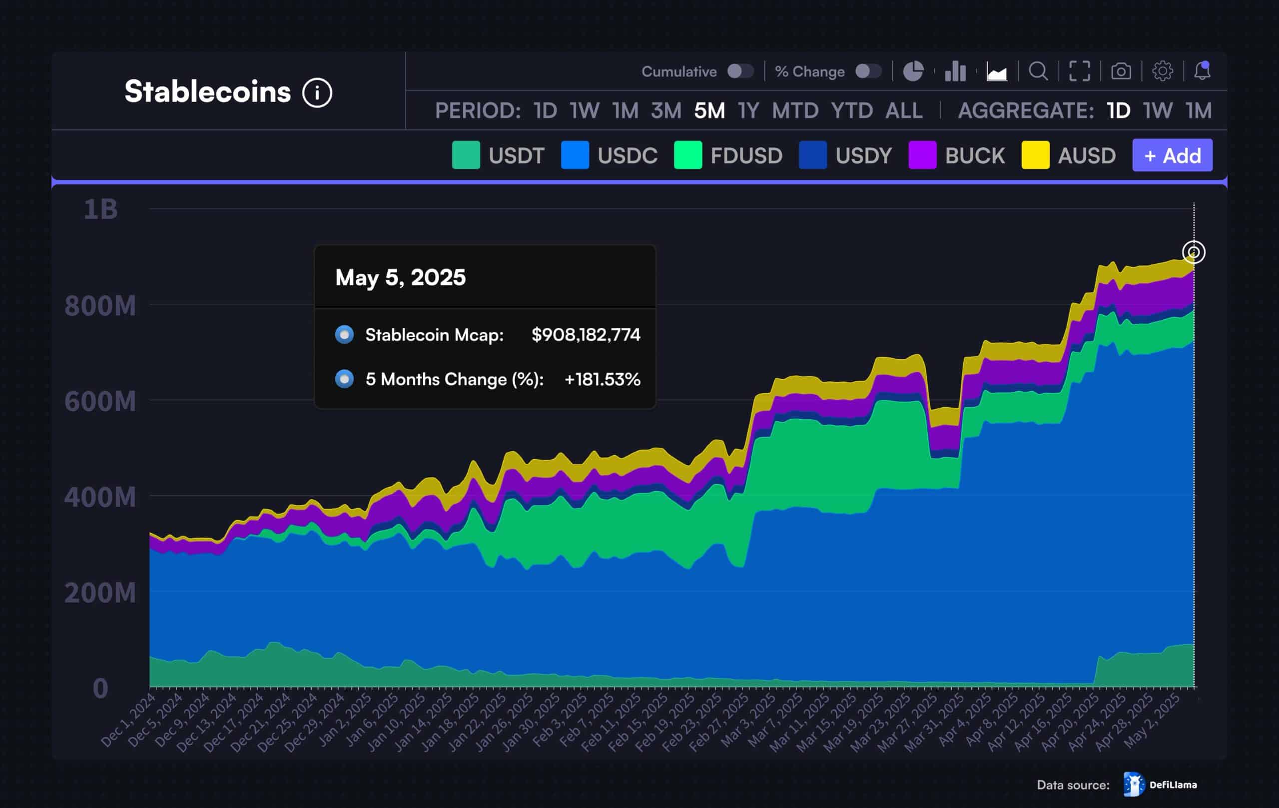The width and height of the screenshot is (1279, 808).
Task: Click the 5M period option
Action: tap(709, 110)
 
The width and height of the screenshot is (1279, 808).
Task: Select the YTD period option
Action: tap(851, 110)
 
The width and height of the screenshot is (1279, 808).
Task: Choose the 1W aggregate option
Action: tap(1158, 110)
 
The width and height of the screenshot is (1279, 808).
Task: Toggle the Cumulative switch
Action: tap(740, 71)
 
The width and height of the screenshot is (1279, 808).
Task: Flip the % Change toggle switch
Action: tap(868, 71)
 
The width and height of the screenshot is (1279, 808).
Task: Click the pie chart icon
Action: tap(913, 71)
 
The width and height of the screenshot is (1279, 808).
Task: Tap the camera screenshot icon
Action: tap(1121, 71)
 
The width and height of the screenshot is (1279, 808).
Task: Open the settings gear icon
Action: tap(1162, 71)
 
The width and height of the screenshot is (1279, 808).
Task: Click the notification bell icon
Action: tap(1202, 70)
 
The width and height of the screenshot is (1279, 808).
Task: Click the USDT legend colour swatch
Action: tap(466, 155)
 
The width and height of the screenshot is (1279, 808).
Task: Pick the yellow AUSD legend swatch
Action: tap(1035, 155)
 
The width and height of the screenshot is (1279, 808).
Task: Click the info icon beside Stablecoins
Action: tap(317, 93)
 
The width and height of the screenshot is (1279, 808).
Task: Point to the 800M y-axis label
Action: tap(100, 306)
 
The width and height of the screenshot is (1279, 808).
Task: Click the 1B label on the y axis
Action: tap(100, 209)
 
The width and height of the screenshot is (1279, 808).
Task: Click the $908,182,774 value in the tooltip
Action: tap(586, 335)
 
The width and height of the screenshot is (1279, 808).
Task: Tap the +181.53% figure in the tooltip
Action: tap(602, 379)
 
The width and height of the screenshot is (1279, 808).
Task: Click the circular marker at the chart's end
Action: tap(1194, 252)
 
